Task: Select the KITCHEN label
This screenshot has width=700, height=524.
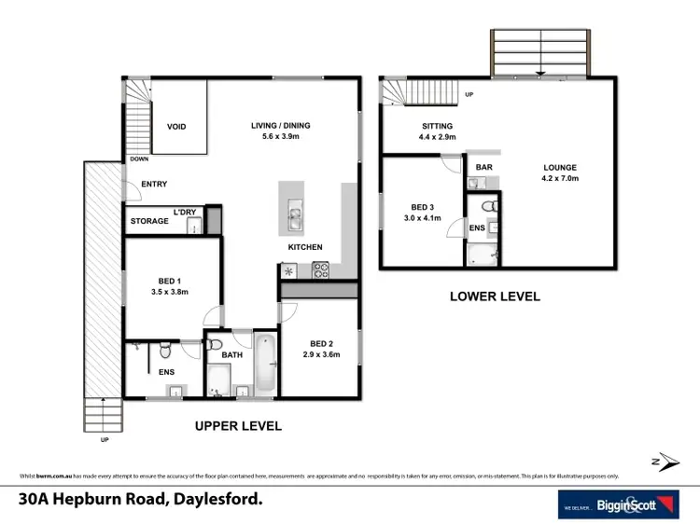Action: [x=305, y=247]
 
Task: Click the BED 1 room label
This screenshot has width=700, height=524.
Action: [x=171, y=281]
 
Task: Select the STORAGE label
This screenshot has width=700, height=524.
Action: [x=149, y=221]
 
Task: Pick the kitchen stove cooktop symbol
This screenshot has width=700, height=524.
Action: [x=320, y=270]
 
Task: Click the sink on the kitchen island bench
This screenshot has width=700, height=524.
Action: [x=294, y=219]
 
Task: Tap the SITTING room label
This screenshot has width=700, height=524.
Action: [x=436, y=126]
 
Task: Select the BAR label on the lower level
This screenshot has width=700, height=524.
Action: [x=483, y=168]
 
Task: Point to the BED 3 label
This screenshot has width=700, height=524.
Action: [x=423, y=207]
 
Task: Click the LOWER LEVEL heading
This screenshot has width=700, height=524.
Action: [x=495, y=296]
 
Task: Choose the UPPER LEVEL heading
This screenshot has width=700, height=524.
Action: [x=237, y=425]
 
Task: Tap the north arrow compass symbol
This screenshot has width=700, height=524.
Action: [x=658, y=462]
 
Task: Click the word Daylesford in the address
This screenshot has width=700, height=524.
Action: [x=217, y=499]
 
